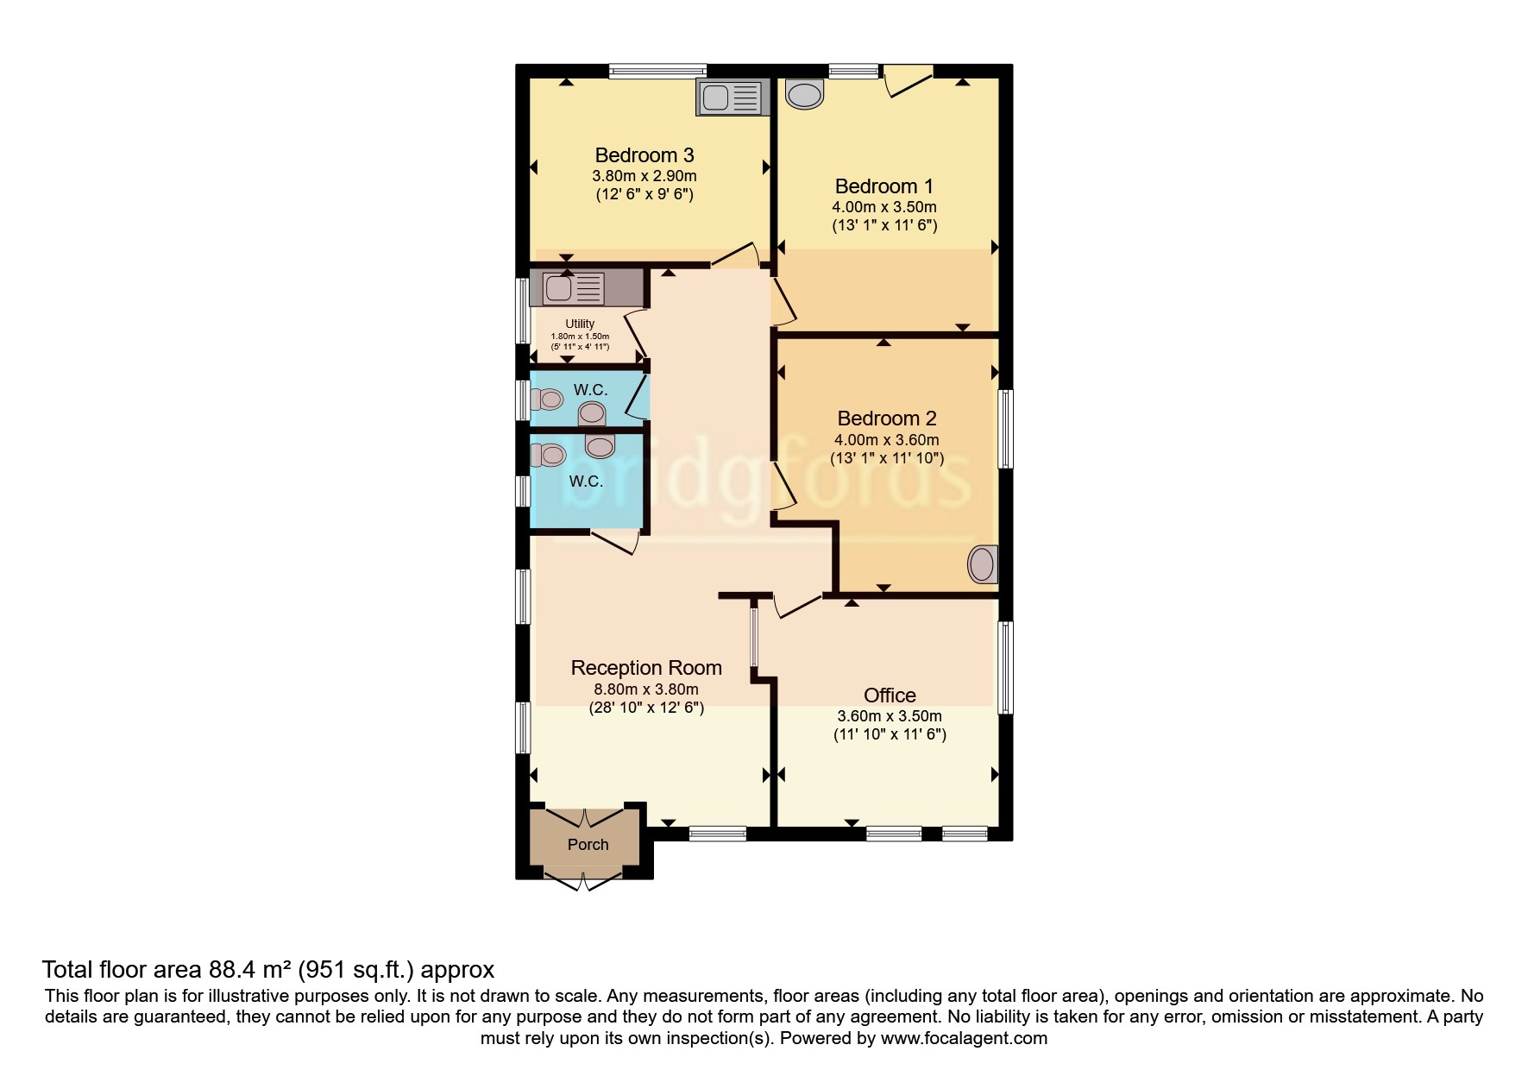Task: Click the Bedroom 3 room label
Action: [x=644, y=155]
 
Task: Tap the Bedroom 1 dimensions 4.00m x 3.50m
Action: [x=883, y=207]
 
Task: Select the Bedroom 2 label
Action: [x=886, y=419]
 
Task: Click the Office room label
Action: [x=890, y=695]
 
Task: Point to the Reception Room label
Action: [x=645, y=668]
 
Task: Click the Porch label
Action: [x=588, y=845]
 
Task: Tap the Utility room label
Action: [x=580, y=324]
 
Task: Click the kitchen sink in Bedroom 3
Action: [x=732, y=98]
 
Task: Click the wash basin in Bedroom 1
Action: [x=804, y=94]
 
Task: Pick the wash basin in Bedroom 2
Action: [x=982, y=563]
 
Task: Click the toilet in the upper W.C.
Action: [x=547, y=400]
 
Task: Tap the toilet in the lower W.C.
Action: [x=547, y=454]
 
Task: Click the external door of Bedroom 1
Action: [x=908, y=80]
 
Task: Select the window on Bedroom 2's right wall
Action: [x=1005, y=429]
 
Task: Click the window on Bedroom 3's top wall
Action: [x=657, y=72]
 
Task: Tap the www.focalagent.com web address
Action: [x=964, y=1038]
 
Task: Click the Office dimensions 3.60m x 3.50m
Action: [x=889, y=716]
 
